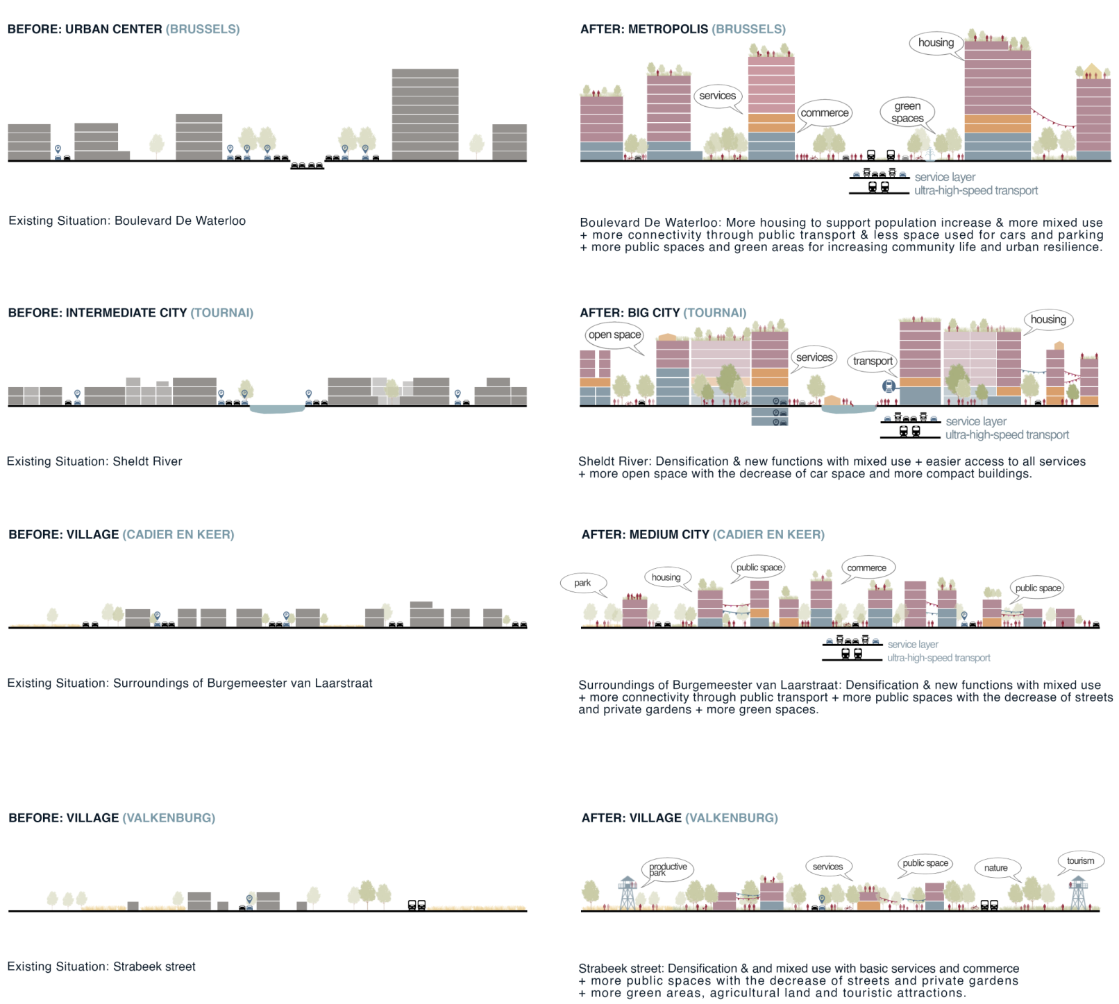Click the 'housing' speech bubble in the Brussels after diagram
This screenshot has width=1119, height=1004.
click(936, 43)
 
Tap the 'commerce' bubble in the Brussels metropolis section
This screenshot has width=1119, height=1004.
click(824, 113)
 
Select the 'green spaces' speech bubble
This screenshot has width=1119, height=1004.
click(907, 112)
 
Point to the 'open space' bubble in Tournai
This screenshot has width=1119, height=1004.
click(614, 335)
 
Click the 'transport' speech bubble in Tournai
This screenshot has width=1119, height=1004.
click(873, 361)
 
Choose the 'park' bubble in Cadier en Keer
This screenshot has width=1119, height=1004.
click(582, 583)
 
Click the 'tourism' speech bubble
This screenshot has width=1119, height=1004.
click(1080, 861)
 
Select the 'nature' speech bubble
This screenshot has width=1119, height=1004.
click(995, 868)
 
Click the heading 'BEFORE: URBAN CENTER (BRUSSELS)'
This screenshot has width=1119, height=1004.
click(124, 29)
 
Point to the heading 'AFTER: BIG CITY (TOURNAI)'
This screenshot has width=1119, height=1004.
click(663, 313)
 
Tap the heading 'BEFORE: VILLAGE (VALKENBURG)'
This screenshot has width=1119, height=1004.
click(112, 818)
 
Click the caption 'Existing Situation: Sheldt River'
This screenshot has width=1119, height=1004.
click(94, 461)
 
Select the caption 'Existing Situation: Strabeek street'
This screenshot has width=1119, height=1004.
click(101, 967)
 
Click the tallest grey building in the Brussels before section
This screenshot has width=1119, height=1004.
click(425, 114)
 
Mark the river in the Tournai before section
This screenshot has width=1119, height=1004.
click(277, 409)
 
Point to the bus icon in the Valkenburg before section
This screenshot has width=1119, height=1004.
click(417, 905)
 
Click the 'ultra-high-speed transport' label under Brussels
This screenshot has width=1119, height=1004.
click(975, 191)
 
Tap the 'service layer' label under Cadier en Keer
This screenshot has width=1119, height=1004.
click(912, 645)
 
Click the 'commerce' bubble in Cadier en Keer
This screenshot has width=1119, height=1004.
click(866, 568)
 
